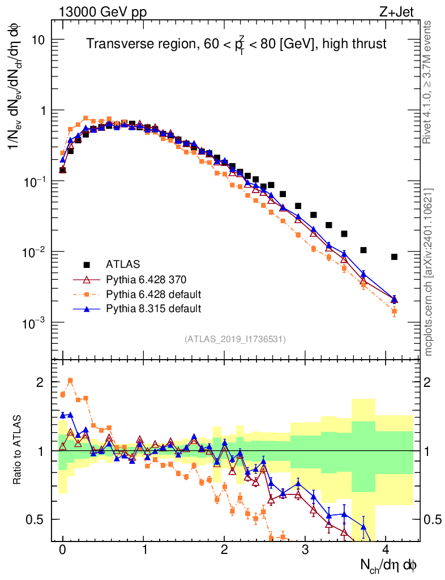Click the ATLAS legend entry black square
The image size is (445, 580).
87,264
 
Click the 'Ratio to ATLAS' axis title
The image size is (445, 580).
18,451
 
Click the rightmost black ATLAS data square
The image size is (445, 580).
394,257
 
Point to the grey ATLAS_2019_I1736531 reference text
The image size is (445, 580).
235,339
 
